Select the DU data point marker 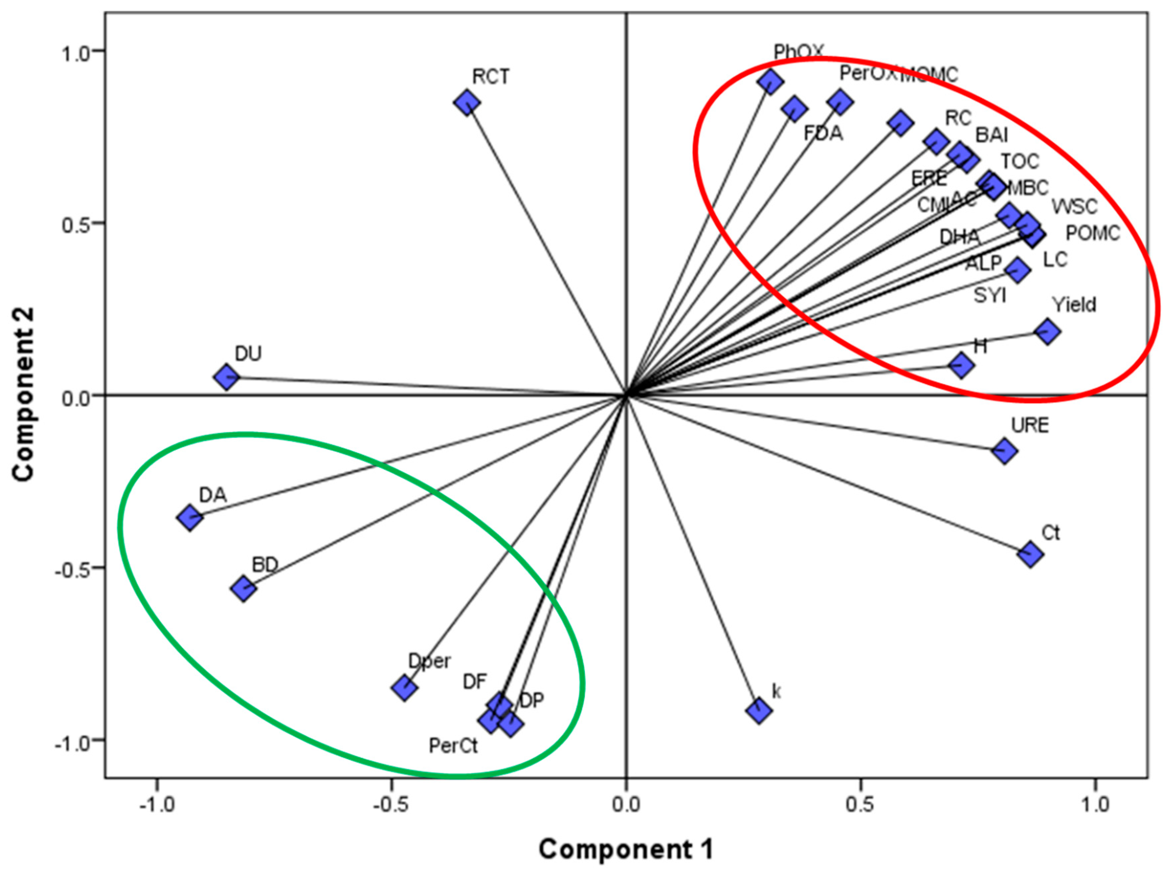tap(227, 377)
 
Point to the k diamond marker tap(759, 710)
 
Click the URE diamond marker tap(1004, 451)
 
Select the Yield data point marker tap(1048, 331)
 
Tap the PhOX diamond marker tap(770, 81)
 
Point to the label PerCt tap(453, 746)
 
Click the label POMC tap(1092, 233)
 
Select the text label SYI tap(990, 296)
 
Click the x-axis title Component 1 tap(626, 850)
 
